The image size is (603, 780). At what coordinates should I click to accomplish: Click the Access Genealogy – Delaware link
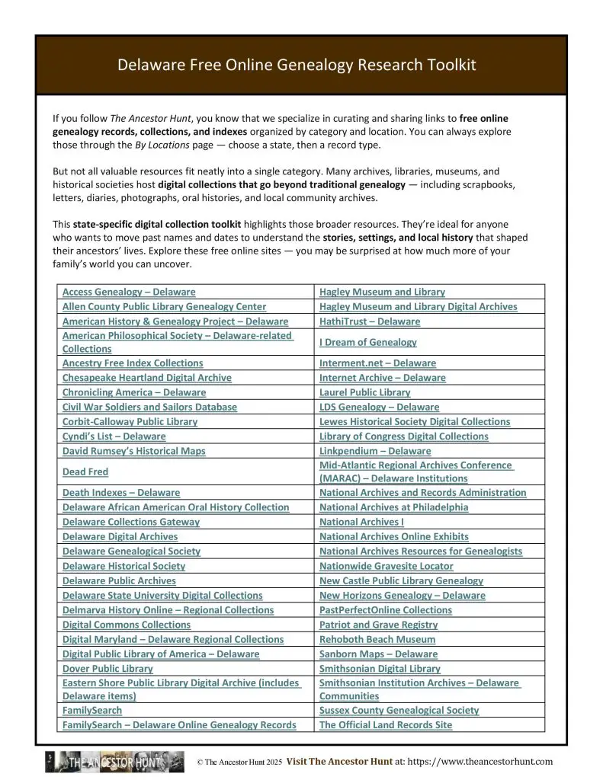click(129, 292)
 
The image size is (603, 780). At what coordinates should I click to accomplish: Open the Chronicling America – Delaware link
click(134, 392)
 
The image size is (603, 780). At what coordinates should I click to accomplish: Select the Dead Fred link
click(85, 472)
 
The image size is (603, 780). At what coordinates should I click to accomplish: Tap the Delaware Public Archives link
click(119, 580)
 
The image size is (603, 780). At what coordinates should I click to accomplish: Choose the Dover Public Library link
click(107, 668)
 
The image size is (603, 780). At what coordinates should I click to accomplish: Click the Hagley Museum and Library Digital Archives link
click(418, 306)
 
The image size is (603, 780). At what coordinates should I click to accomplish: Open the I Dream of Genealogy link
click(368, 342)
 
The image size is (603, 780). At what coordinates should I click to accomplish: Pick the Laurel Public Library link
click(364, 392)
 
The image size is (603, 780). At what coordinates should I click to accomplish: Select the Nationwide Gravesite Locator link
click(386, 566)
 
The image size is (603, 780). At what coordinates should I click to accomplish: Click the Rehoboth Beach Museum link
click(377, 639)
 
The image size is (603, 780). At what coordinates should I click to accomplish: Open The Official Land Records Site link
click(385, 724)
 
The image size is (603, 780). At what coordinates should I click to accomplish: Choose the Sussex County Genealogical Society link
click(399, 710)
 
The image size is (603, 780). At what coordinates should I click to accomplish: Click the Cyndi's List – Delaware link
click(114, 436)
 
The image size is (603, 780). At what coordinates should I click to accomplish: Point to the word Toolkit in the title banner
click(448, 65)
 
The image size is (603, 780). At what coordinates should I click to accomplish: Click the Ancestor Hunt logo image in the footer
click(114, 761)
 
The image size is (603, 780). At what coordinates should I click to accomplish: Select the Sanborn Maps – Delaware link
click(378, 654)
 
